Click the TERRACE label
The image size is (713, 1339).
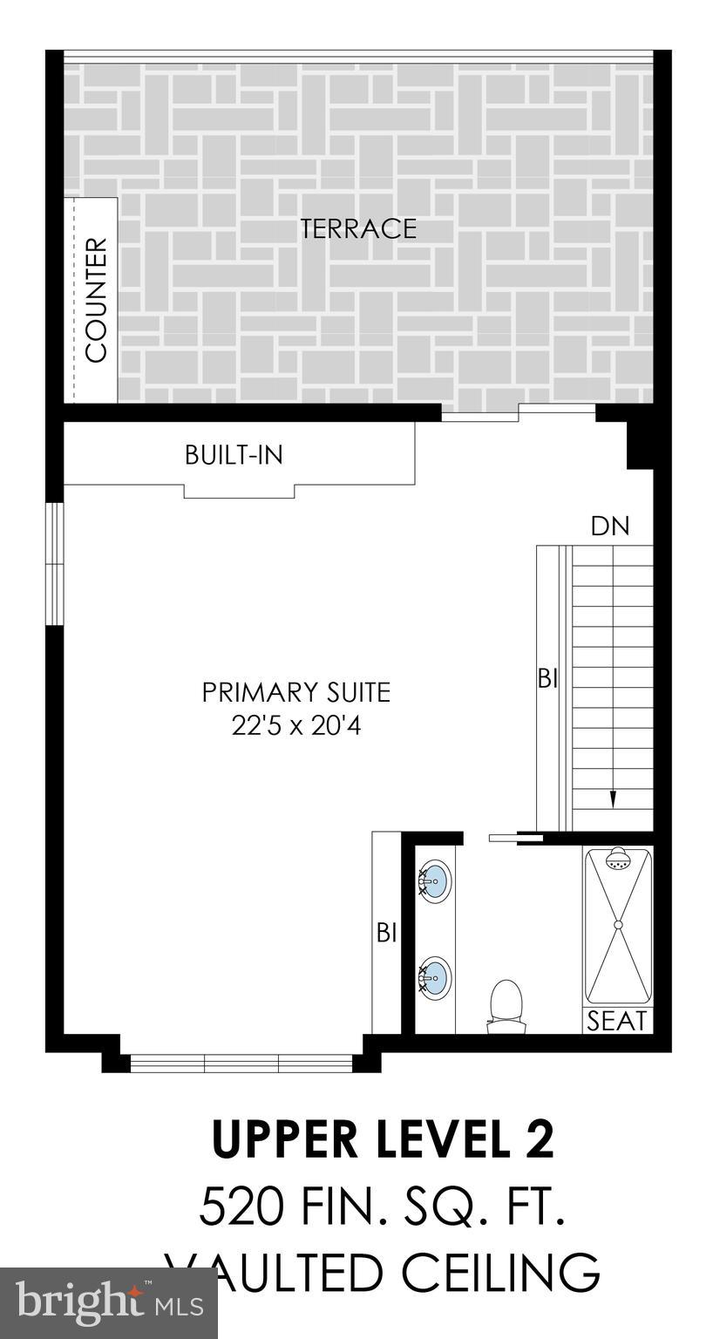[358, 228]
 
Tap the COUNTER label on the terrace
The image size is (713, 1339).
[96, 300]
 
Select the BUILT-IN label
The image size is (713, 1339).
[234, 455]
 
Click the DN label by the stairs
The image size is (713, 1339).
[609, 527]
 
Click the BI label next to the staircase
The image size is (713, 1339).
[547, 678]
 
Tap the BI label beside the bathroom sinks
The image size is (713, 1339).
[386, 933]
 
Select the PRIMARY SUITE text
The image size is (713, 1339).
[296, 693]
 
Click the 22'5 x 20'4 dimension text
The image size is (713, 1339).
[296, 725]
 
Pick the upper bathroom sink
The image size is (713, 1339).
[435, 880]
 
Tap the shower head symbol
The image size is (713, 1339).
[618, 860]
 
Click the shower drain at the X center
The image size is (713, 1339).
[618, 925]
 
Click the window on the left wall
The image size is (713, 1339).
[55, 563]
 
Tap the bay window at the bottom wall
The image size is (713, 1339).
[241, 1063]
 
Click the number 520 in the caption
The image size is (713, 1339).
[241, 1208]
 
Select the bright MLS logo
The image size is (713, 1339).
[108, 1303]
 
